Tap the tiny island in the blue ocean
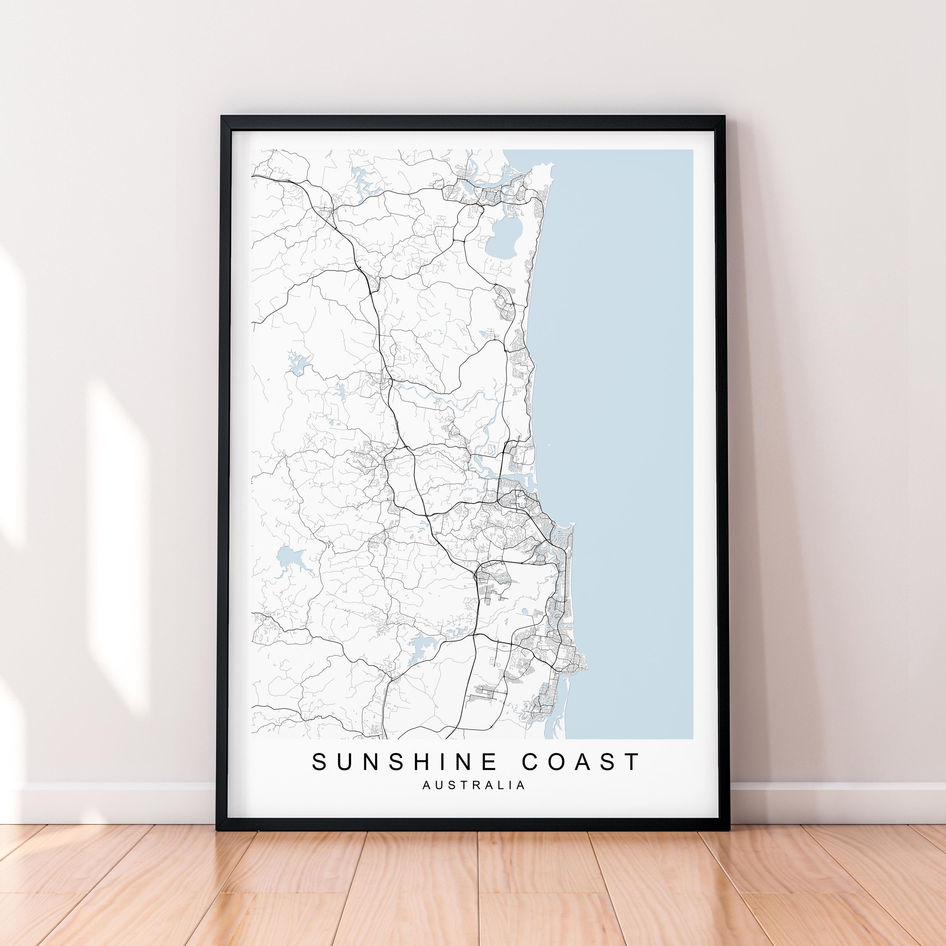(549, 446)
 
